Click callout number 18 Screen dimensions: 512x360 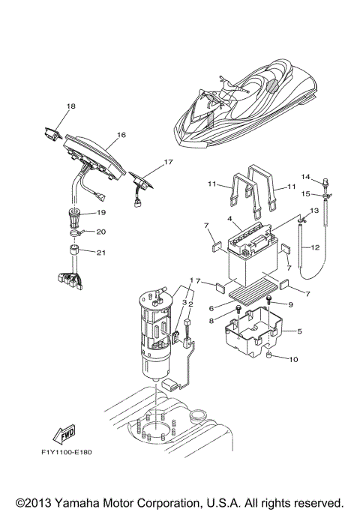pyautogui.click(x=70, y=107)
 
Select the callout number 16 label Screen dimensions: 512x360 pyautogui.click(x=121, y=136)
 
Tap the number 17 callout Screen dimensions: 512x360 pyautogui.click(x=168, y=161)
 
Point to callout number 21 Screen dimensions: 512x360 pyautogui.click(x=101, y=253)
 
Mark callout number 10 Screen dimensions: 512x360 pyautogui.click(x=293, y=359)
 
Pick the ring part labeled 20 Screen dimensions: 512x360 pyautogui.click(x=76, y=232)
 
